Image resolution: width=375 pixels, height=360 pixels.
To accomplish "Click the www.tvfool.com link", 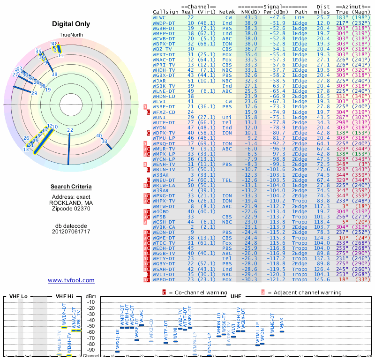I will [x=71, y=280].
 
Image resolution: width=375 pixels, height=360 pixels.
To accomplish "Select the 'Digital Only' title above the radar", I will [x=71, y=24].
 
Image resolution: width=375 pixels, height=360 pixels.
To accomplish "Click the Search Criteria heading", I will [x=71, y=187].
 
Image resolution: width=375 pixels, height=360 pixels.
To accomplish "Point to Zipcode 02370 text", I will [x=71, y=209].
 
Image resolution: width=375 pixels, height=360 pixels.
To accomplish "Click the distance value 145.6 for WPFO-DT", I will [x=322, y=280].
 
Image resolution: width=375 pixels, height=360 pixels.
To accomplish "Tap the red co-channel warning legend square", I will [x=164, y=292].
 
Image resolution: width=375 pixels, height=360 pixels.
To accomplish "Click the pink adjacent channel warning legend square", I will [x=263, y=292].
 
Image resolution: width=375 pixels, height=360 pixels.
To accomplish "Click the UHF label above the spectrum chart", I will [x=236, y=297].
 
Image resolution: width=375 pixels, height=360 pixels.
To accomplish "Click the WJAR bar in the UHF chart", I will [x=282, y=331].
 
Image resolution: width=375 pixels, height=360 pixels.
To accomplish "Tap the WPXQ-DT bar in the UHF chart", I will [x=117, y=352].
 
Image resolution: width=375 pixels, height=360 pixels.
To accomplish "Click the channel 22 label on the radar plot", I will [x=70, y=130].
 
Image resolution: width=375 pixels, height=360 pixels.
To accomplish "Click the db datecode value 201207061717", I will [x=71, y=232].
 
